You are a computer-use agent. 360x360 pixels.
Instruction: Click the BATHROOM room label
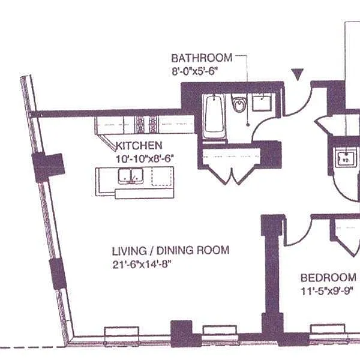click(x=202, y=58)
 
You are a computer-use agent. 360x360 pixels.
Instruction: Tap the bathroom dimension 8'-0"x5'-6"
click(x=194, y=71)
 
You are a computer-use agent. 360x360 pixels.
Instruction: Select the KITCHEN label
click(x=139, y=146)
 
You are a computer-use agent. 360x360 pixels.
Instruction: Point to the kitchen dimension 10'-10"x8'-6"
click(x=145, y=158)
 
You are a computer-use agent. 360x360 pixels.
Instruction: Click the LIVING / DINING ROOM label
click(x=170, y=250)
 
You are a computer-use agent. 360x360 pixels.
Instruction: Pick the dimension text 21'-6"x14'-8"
click(x=142, y=265)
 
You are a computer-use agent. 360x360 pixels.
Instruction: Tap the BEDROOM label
click(x=328, y=278)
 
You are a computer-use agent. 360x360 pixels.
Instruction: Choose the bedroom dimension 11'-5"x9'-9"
click(x=327, y=292)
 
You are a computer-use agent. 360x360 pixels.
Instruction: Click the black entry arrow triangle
click(x=298, y=74)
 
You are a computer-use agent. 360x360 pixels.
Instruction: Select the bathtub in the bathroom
click(x=214, y=117)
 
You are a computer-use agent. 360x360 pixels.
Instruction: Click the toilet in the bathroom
click(x=239, y=103)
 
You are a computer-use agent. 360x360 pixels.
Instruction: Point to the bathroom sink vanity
click(x=262, y=103)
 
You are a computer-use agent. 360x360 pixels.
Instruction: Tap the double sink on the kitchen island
click(x=131, y=176)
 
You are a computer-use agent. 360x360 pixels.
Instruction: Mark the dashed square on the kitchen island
click(x=161, y=176)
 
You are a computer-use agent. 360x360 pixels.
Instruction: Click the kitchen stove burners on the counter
click(x=146, y=125)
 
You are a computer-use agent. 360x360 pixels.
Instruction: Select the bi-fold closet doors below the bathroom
click(x=232, y=175)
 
